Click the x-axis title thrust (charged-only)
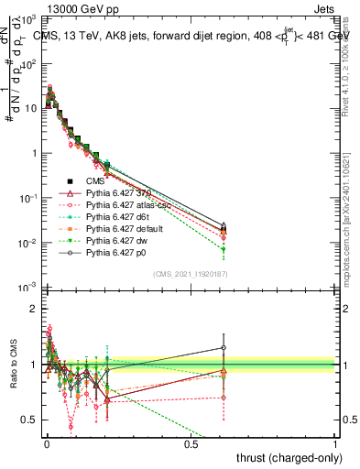click(289, 455)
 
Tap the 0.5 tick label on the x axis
click(190, 443)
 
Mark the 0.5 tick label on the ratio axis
click(30, 420)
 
